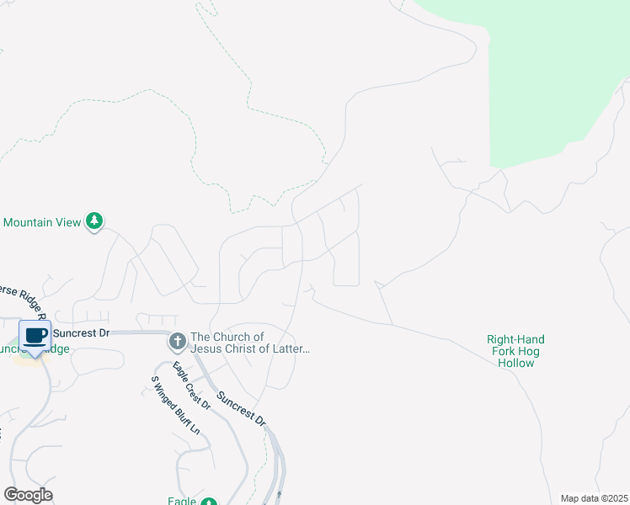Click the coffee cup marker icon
pyautogui.click(x=35, y=337)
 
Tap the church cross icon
pyautogui.click(x=177, y=342)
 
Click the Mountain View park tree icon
pyautogui.click(x=95, y=221)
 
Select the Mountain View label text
pyautogui.click(x=42, y=222)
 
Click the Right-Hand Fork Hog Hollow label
pyautogui.click(x=515, y=351)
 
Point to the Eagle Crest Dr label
pyautogui.click(x=191, y=385)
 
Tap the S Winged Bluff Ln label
pyautogui.click(x=175, y=405)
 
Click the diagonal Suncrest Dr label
pyautogui.click(x=241, y=408)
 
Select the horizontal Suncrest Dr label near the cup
pyautogui.click(x=83, y=333)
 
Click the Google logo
pyautogui.click(x=29, y=495)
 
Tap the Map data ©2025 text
pyautogui.click(x=594, y=498)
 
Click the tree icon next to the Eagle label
pyautogui.click(x=208, y=502)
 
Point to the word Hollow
pyautogui.click(x=515, y=363)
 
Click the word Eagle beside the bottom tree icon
pyautogui.click(x=182, y=502)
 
